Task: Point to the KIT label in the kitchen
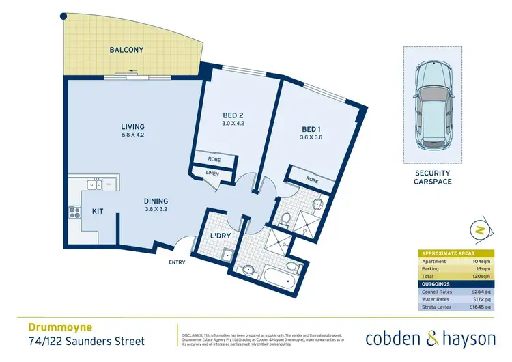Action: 98,212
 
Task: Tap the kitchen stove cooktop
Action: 74,212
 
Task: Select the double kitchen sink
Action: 94,184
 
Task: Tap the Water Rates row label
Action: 435,299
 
